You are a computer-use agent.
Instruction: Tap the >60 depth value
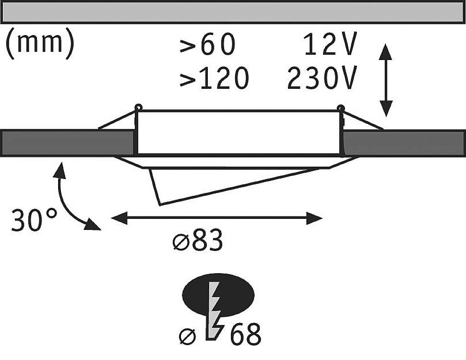[208, 46]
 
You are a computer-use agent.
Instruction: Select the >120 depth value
[214, 78]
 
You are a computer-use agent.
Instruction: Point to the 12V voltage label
[330, 46]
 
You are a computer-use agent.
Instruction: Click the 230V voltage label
[322, 78]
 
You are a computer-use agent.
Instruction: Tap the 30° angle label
[34, 221]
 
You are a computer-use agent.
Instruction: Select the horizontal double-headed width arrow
[216, 218]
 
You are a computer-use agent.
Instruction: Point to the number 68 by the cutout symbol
[246, 335]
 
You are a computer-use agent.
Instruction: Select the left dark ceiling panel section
[67, 143]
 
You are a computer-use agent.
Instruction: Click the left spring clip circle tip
[138, 107]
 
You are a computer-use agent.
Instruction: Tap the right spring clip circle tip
[340, 107]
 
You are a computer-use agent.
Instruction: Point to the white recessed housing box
[239, 132]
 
